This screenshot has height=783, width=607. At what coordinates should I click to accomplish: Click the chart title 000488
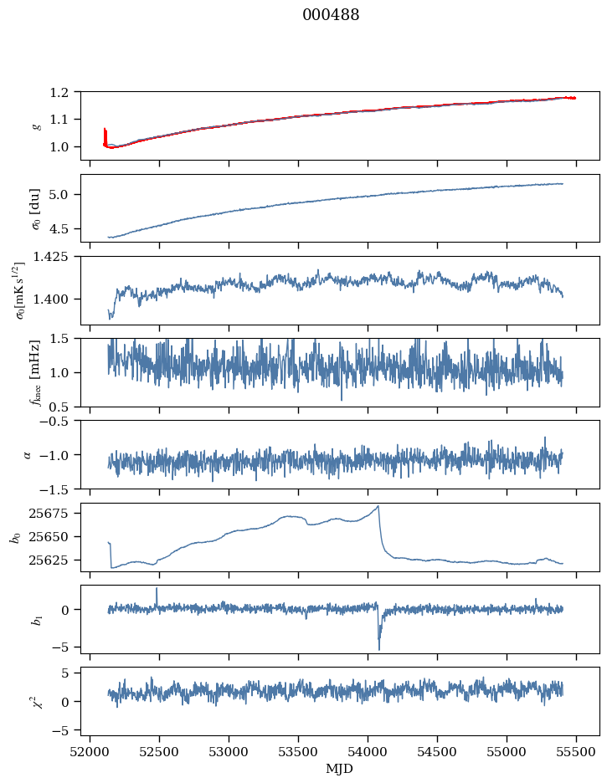point(331,15)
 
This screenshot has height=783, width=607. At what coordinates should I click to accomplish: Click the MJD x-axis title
point(340,769)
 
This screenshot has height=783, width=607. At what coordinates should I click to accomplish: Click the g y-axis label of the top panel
point(35,125)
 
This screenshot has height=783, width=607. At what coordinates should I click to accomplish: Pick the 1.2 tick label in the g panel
point(64,92)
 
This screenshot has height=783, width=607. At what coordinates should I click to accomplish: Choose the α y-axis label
point(28,454)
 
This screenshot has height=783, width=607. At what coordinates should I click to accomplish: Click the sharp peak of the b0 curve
point(378,505)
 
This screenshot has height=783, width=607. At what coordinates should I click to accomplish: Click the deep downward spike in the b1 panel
point(379,648)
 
